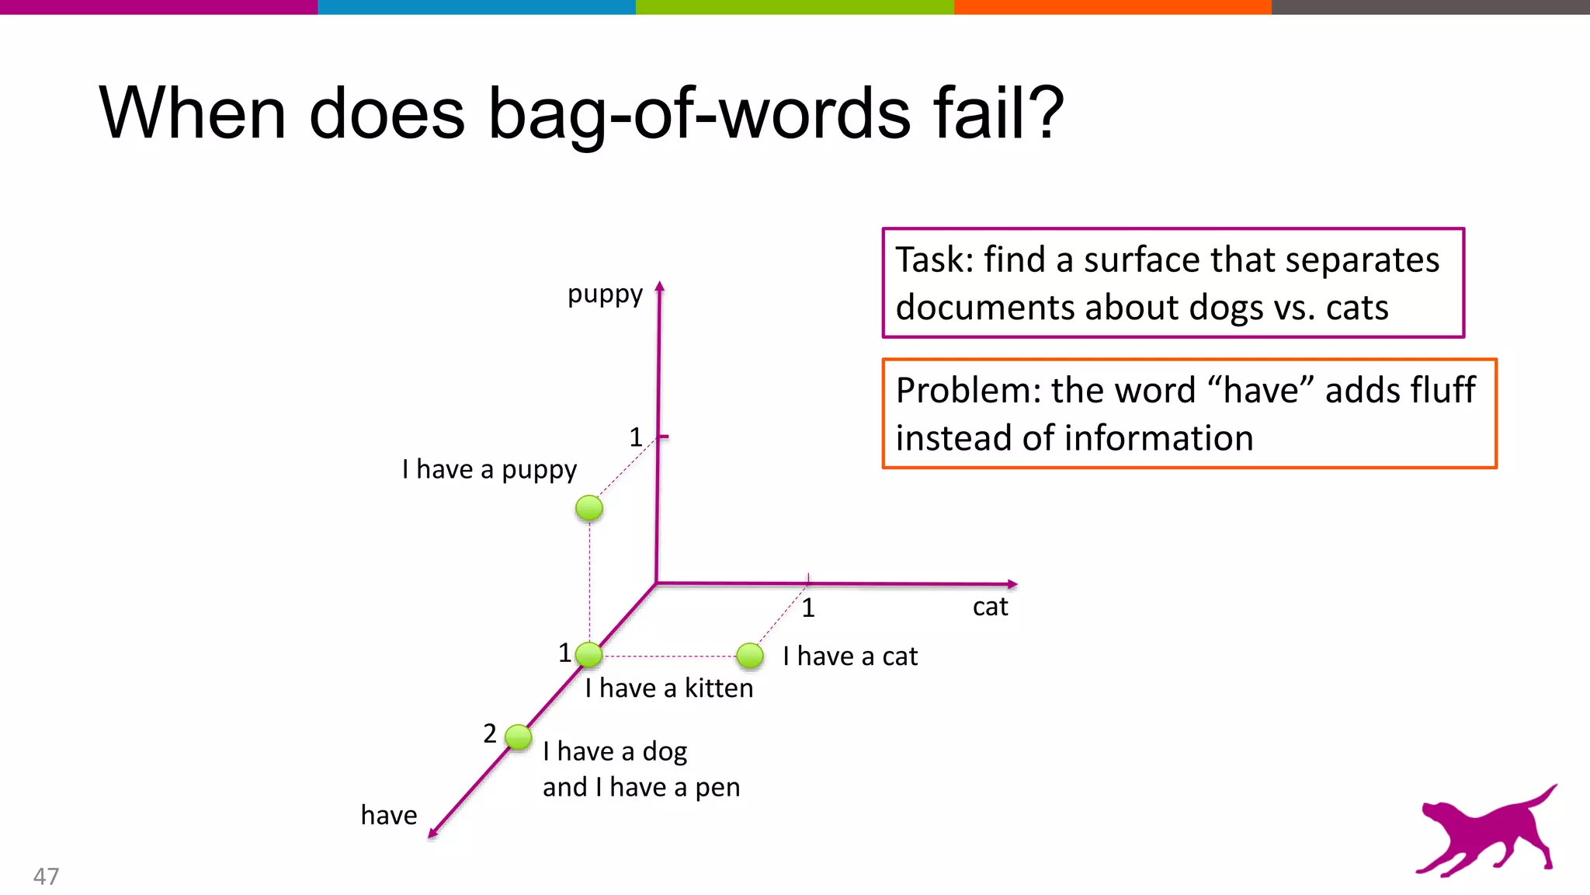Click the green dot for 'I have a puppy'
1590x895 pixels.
tap(589, 508)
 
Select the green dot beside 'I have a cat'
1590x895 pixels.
tap(750, 656)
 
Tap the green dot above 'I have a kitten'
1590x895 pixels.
tap(589, 655)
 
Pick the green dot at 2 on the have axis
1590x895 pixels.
tap(518, 736)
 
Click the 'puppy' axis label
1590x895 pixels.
tap(605, 295)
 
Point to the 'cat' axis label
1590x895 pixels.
tap(990, 607)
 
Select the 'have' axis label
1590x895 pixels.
tap(389, 815)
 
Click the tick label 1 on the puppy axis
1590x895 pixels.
tap(636, 437)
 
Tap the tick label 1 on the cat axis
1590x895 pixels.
tap(808, 608)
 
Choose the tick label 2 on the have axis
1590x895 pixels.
tap(489, 733)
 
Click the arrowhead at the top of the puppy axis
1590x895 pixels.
tap(660, 287)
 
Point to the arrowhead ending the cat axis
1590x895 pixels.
tap(1012, 584)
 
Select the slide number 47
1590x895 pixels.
tap(46, 876)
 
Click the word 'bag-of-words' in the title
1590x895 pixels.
tap(698, 113)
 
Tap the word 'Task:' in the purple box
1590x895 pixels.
tap(934, 259)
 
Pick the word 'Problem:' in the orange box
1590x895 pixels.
tap(967, 390)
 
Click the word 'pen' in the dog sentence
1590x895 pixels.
tap(717, 789)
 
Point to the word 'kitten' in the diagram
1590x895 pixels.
tap(718, 688)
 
